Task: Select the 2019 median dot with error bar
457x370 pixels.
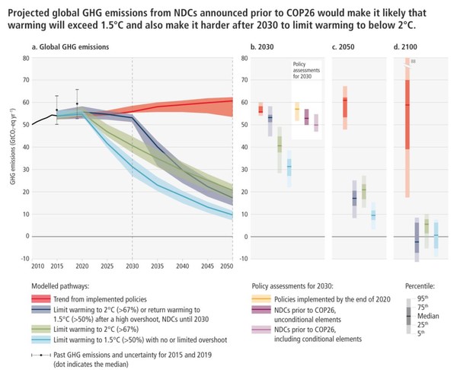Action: click(77, 104)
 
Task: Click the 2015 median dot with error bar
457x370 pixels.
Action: click(56, 110)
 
